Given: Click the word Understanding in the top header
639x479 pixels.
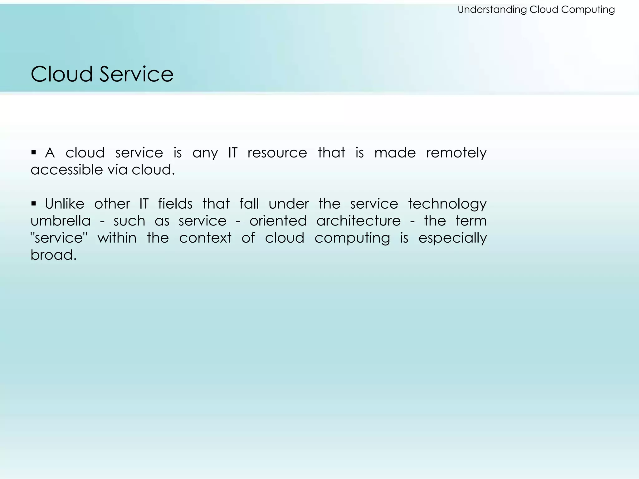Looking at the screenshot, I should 492,10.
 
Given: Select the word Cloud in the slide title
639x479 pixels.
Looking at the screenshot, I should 62,74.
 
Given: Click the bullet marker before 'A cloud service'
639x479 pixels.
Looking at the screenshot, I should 34,153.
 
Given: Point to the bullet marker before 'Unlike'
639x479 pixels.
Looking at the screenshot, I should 34,204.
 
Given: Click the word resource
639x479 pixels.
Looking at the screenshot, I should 277,153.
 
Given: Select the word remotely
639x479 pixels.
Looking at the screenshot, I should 456,153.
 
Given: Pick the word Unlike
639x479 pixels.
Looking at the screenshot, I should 65,204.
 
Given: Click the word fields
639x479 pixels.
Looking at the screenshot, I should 175,204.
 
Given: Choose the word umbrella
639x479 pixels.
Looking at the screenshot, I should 61,221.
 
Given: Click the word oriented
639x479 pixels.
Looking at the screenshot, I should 278,221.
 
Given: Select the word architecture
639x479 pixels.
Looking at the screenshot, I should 359,221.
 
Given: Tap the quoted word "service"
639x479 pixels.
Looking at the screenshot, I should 59,238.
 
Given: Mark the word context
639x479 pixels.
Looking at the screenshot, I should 205,238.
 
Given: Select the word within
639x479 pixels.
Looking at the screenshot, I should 117,238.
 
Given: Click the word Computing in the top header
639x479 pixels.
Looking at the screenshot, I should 588,10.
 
